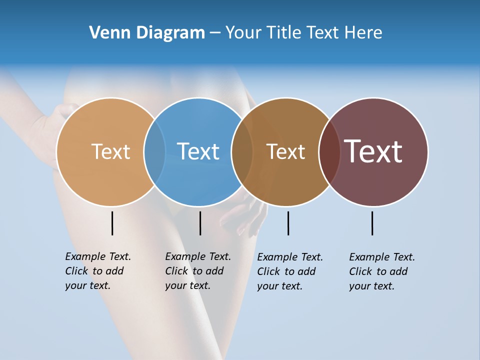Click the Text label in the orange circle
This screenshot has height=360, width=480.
(110, 151)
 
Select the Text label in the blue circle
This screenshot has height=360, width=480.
(198, 151)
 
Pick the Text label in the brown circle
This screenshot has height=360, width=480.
(285, 151)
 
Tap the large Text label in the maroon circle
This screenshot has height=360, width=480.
(373, 151)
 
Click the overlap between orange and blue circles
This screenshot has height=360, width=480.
(154, 151)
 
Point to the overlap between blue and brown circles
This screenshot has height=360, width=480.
(242, 151)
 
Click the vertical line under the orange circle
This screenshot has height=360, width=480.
(112, 223)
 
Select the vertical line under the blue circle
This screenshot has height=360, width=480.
(200, 223)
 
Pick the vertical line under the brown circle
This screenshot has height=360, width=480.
(288, 223)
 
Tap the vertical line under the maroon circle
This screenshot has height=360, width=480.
(372, 223)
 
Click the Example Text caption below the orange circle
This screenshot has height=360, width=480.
(97, 271)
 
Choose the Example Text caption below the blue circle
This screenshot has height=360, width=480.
(197, 271)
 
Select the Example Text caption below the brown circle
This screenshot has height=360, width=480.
(289, 271)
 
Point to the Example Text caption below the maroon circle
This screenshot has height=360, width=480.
(381, 271)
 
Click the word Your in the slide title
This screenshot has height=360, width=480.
(244, 33)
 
